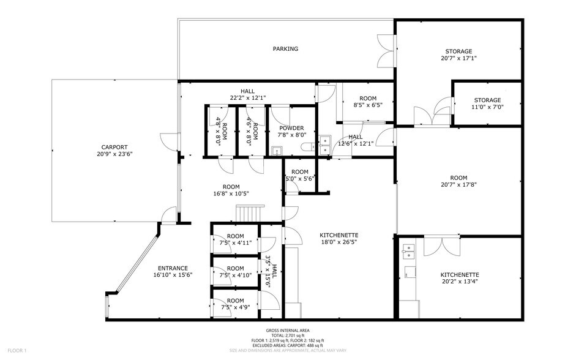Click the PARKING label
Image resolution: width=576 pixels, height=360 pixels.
tap(285, 49)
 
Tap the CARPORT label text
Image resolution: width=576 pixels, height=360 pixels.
tap(114, 147)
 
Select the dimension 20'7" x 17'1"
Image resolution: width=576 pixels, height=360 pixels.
tap(458, 59)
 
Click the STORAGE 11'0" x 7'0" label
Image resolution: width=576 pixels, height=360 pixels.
tap(487, 103)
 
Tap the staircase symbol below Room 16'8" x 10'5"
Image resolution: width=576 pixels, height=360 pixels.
tap(249, 214)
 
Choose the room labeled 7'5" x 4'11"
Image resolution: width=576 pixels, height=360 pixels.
tap(235, 239)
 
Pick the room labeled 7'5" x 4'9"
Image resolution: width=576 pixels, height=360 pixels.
tap(235, 304)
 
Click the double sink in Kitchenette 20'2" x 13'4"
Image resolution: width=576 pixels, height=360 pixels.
tap(410, 250)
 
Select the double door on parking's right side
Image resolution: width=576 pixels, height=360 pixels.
tap(386, 53)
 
